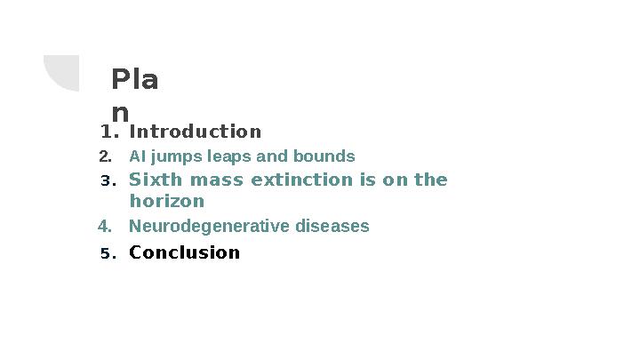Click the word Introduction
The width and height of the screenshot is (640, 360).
(x=195, y=132)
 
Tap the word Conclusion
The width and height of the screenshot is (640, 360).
(x=184, y=252)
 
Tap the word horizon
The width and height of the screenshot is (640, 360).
(x=167, y=202)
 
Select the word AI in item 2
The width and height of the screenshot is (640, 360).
(x=136, y=157)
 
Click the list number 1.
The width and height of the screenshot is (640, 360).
(x=108, y=132)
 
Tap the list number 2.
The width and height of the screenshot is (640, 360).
(x=105, y=157)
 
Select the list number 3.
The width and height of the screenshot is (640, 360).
(x=108, y=181)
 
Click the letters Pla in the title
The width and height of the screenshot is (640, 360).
(x=135, y=81)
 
